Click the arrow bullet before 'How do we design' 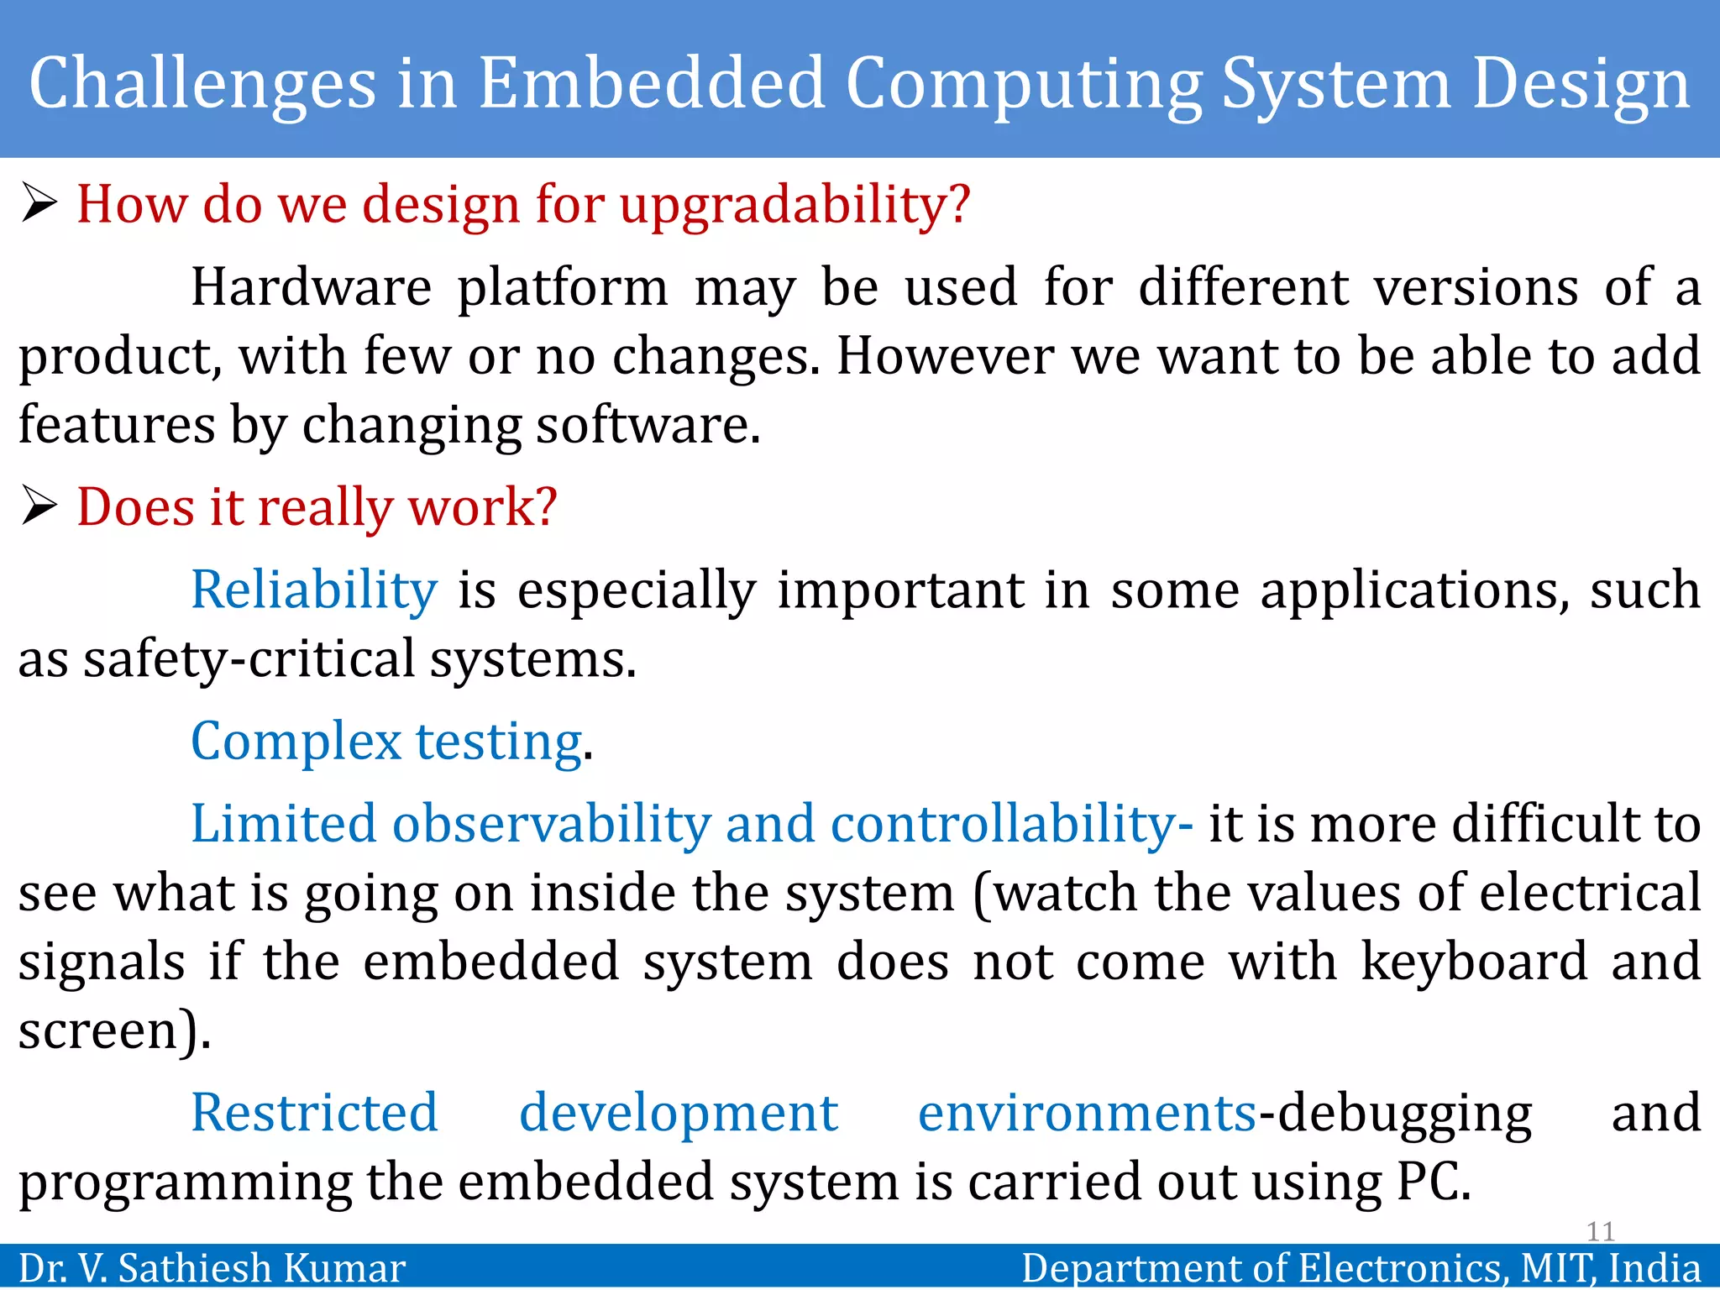(39, 204)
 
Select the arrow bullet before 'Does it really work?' (39, 506)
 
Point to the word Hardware (312, 287)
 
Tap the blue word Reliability (314, 590)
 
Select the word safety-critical (249, 659)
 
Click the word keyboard (1475, 962)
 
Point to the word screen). (114, 1030)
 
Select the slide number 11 (1601, 1231)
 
